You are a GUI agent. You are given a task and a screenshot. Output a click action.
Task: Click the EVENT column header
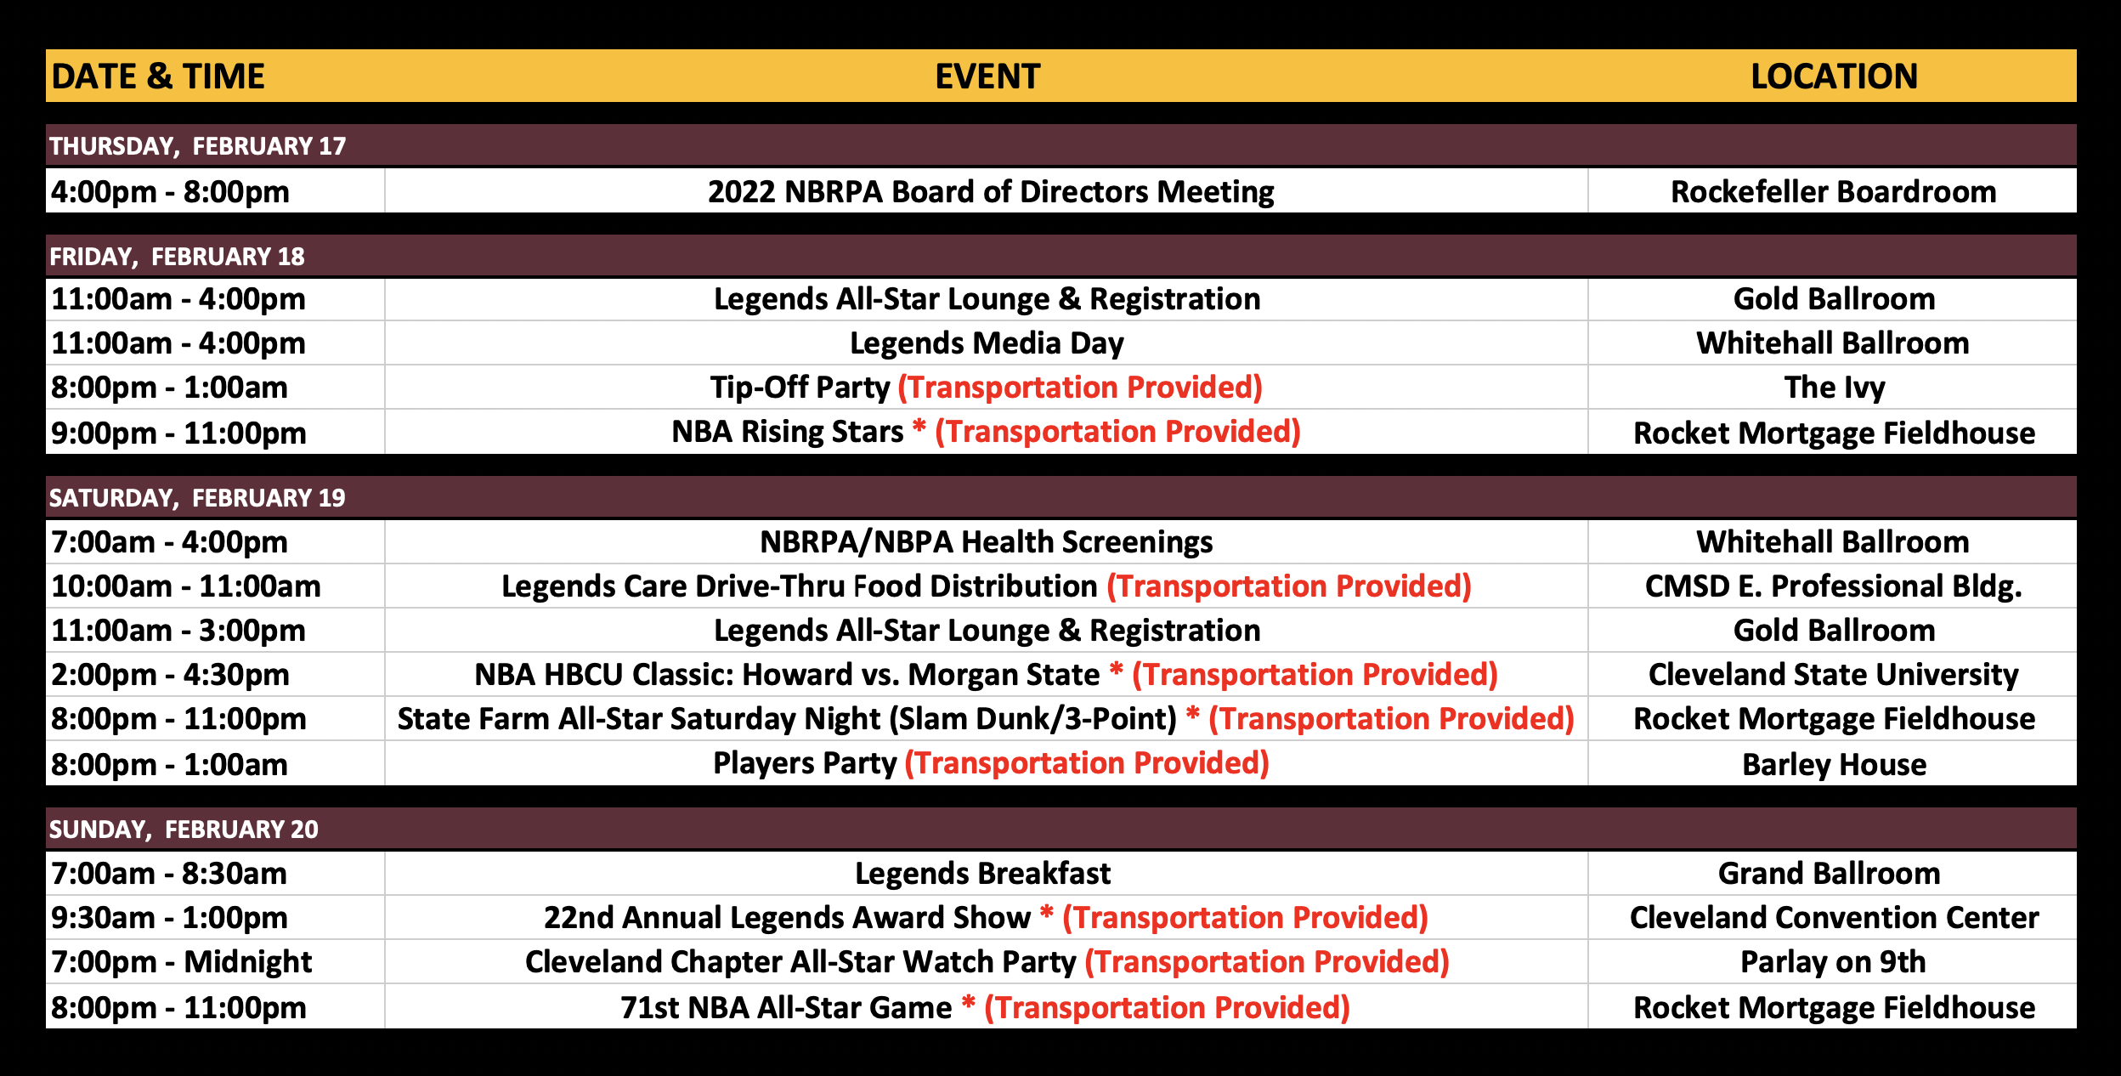click(987, 76)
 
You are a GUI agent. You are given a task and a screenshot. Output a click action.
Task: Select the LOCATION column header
click(1834, 76)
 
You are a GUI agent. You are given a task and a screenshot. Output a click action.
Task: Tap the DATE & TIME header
click(158, 76)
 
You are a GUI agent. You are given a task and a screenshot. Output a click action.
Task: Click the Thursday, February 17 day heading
click(197, 146)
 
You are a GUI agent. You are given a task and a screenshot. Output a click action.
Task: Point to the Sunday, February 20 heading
click(184, 830)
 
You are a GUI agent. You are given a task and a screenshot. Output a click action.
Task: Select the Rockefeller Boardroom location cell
click(1834, 192)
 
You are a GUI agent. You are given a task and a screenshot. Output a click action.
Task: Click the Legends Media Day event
click(987, 343)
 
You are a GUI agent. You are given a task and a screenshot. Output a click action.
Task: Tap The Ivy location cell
click(1835, 388)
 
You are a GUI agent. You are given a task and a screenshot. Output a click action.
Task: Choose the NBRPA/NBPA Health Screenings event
click(987, 542)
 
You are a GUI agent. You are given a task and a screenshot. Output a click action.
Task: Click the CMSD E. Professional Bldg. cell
click(1834, 586)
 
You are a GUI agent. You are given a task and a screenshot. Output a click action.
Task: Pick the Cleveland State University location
click(1834, 675)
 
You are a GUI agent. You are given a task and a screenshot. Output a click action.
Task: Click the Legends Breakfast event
click(983, 874)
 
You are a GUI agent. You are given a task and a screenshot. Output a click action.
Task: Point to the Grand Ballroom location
click(1830, 874)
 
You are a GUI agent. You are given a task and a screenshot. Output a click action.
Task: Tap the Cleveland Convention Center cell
click(1835, 918)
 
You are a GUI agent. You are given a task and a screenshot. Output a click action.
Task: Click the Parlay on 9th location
click(1833, 962)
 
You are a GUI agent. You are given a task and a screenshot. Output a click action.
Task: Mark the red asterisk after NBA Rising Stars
click(919, 426)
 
